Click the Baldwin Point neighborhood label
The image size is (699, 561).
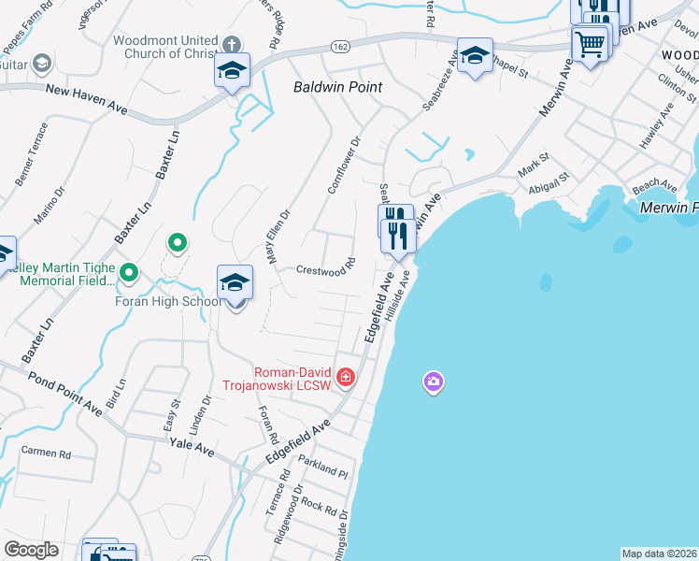click(339, 86)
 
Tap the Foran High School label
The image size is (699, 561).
click(168, 301)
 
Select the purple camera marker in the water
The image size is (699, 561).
click(433, 381)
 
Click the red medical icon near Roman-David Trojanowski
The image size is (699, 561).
click(346, 376)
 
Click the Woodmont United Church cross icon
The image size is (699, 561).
click(232, 43)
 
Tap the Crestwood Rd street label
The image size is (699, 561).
click(326, 267)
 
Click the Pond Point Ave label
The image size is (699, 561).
click(65, 394)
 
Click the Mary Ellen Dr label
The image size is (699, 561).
click(280, 236)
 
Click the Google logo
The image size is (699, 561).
click(31, 550)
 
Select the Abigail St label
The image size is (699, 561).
click(549, 181)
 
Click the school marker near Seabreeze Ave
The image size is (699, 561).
click(475, 55)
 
